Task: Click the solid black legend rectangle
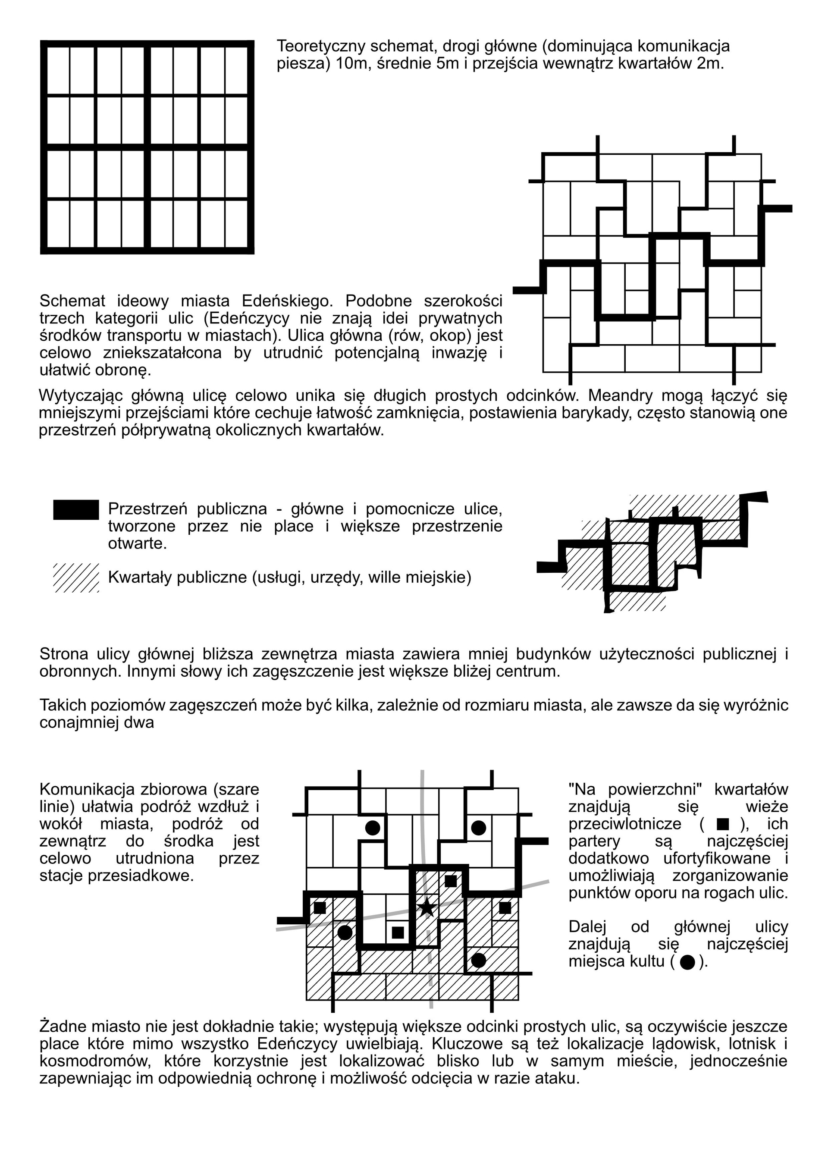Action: coord(76,509)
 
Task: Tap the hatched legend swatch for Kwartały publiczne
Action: coord(76,578)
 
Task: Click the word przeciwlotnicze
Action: coord(624,824)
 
